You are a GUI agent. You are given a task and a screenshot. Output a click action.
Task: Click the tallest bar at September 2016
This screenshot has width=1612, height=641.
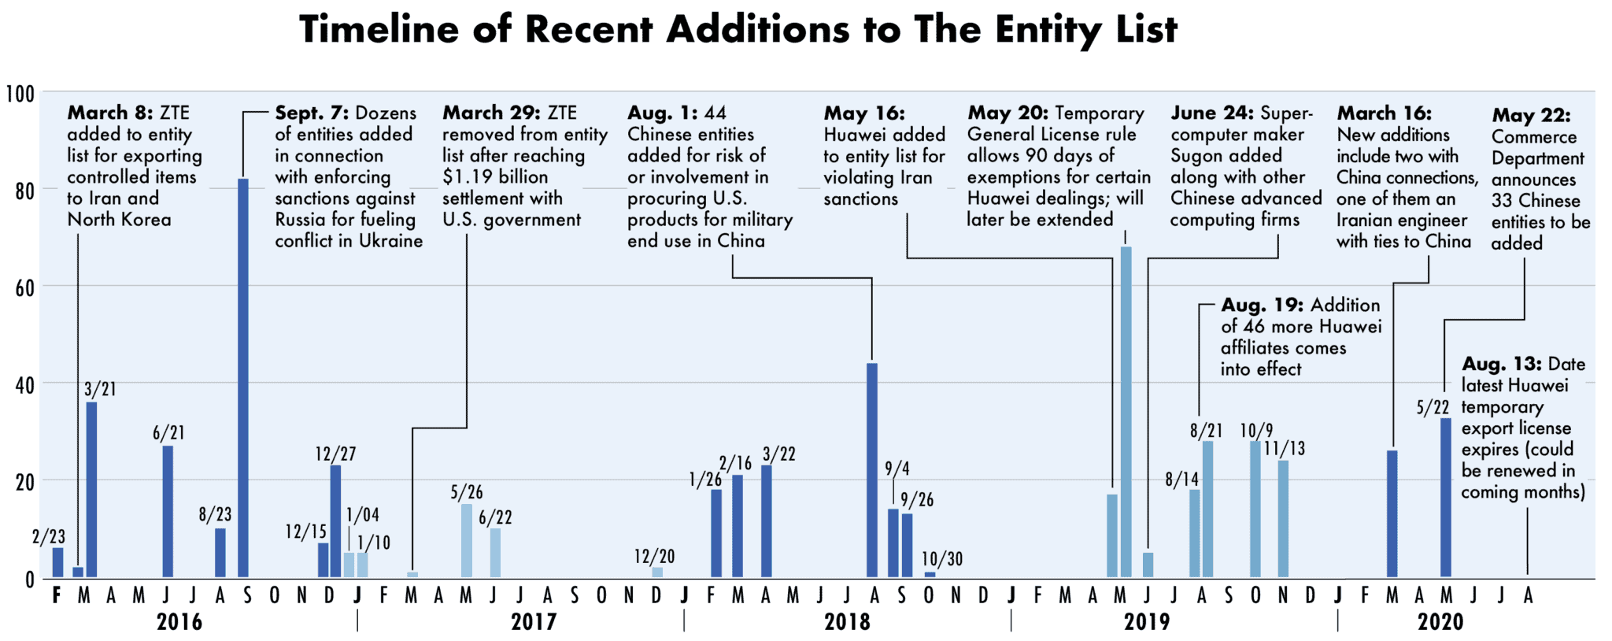[243, 378]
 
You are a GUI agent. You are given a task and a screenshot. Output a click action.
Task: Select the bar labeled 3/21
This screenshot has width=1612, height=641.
[92, 490]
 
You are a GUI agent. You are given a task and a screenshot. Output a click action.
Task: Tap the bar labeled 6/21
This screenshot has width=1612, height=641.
[168, 512]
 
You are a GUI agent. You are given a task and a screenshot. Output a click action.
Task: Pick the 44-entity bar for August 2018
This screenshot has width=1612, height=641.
[872, 470]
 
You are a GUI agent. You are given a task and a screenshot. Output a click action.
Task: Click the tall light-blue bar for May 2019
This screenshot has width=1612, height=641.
[1126, 412]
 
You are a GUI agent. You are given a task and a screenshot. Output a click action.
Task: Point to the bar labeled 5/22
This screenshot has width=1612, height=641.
[1446, 498]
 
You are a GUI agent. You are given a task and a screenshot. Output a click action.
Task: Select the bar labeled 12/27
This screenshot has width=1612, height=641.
[336, 521]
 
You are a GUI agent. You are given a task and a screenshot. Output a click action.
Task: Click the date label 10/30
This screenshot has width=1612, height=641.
[942, 559]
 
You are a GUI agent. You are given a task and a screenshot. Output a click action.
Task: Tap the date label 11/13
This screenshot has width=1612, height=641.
[1284, 449]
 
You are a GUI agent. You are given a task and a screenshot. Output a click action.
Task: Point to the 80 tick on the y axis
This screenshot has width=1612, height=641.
[24, 191]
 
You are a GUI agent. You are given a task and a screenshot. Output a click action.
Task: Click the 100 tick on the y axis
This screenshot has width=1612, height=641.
[20, 94]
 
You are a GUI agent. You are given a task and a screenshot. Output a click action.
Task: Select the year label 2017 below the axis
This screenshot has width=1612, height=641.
[534, 622]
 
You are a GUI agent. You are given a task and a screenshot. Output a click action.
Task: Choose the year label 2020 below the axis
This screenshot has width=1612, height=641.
[1440, 622]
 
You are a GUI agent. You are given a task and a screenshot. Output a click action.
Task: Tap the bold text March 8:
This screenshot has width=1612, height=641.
[110, 113]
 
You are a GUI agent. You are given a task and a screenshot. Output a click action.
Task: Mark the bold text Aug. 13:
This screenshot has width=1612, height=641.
[1501, 365]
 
